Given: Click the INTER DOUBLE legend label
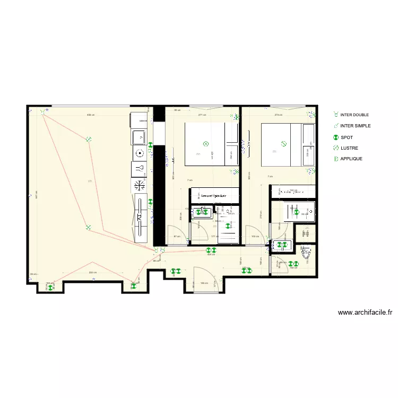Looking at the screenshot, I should point(354,115).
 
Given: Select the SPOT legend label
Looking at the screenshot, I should point(346,137).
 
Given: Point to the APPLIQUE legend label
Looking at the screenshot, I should point(351,159).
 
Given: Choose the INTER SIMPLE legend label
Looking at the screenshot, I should point(355,126).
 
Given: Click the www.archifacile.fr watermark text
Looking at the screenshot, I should point(365,313).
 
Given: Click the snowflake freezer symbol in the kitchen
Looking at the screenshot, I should point(139,185).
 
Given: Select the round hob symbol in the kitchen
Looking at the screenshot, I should point(139,153).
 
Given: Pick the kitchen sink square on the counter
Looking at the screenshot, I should point(139,137).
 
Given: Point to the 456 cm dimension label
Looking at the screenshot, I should point(91,115).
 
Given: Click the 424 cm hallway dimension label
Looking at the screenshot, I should point(211,255).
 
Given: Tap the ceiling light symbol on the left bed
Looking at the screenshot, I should point(206,143).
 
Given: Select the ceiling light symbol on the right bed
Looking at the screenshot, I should point(283,143).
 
